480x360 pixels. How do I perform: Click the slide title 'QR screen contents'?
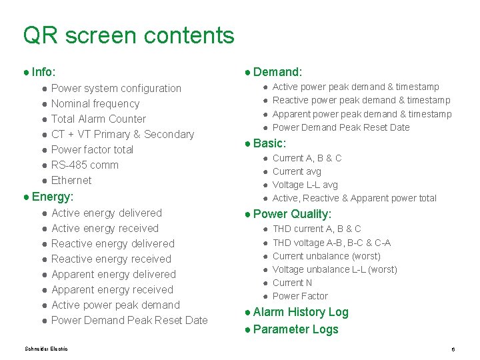click(x=128, y=35)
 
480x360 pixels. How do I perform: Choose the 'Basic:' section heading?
click(x=269, y=143)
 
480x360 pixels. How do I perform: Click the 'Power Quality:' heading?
click(x=292, y=214)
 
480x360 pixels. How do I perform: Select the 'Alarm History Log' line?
click(x=301, y=312)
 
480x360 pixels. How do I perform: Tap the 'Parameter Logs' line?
click(x=295, y=329)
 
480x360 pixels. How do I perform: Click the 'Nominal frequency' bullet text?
click(x=95, y=103)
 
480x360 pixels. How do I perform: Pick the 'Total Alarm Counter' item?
click(x=99, y=119)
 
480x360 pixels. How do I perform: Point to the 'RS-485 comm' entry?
click(x=85, y=165)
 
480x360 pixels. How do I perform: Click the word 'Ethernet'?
click(x=71, y=180)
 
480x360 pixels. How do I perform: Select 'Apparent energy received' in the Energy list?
click(x=112, y=289)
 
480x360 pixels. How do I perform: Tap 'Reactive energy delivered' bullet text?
click(x=113, y=243)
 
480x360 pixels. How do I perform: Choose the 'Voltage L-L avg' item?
click(x=305, y=185)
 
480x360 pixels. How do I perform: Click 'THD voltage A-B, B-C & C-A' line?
click(x=331, y=243)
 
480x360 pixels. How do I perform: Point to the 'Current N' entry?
click(x=293, y=283)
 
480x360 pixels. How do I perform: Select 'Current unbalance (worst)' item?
click(x=327, y=256)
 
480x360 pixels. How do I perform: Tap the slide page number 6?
click(x=453, y=349)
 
